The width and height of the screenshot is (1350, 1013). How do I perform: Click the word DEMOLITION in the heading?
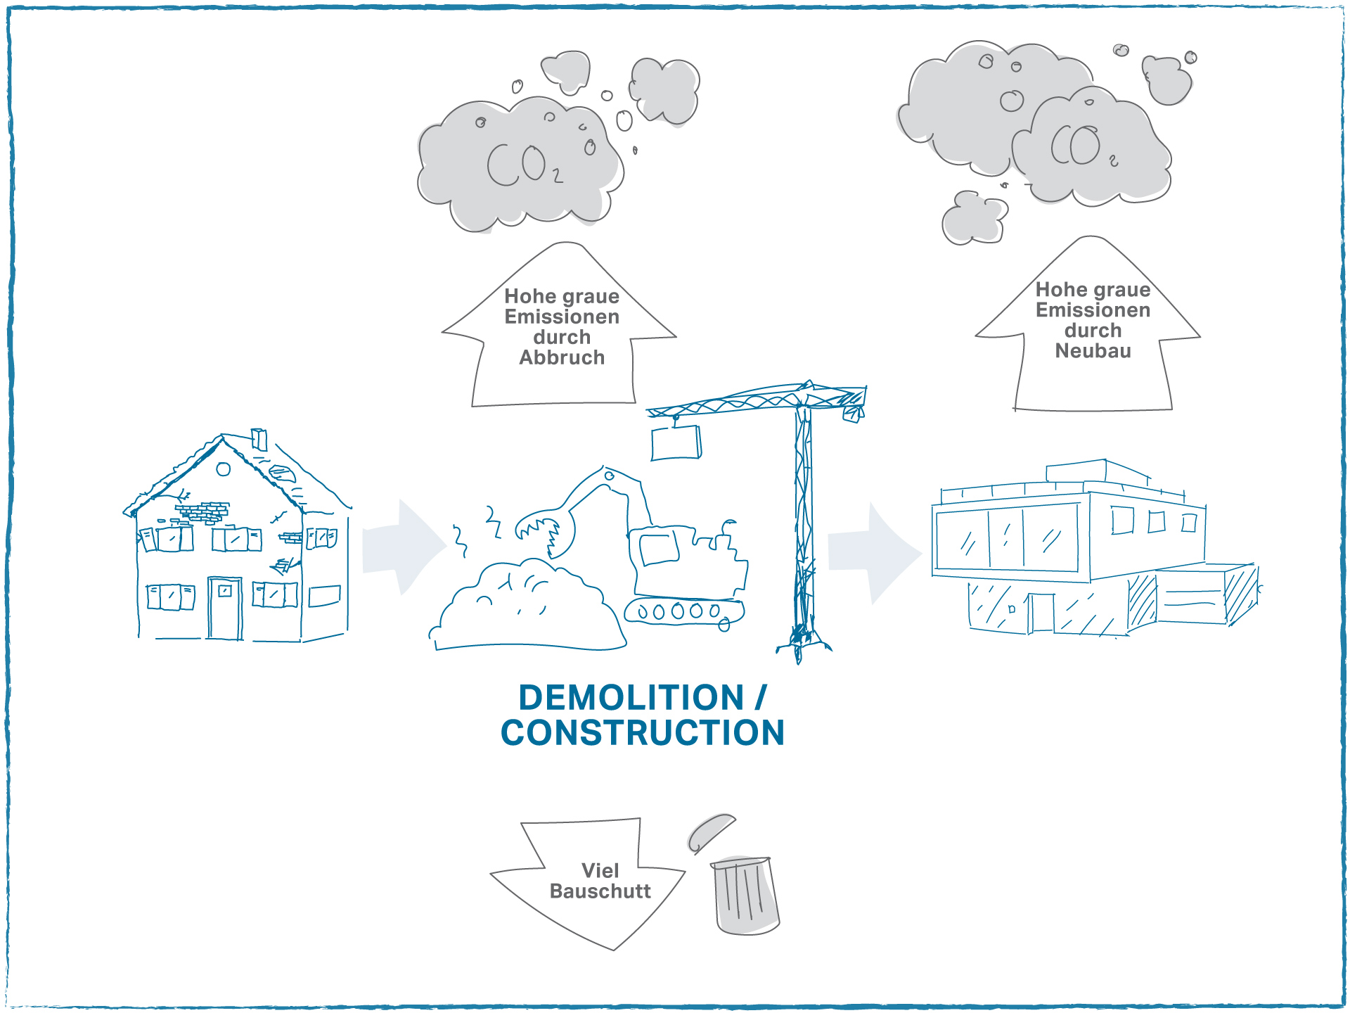[631, 698]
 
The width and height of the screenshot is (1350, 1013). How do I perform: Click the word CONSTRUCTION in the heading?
[643, 733]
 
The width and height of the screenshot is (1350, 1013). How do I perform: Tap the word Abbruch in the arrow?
[562, 358]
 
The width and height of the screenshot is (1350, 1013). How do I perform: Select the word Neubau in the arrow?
[1093, 351]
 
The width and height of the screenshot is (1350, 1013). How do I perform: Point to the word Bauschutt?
[600, 891]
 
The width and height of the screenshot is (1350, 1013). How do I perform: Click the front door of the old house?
[225, 609]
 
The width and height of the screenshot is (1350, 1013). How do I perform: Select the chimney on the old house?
[259, 439]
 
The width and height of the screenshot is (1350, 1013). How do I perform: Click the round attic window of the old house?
[224, 469]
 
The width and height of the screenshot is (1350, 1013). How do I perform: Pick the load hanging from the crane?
[676, 443]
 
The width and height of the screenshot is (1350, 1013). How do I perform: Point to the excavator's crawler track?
[684, 612]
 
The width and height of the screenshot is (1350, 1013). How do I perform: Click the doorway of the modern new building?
[1042, 613]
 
